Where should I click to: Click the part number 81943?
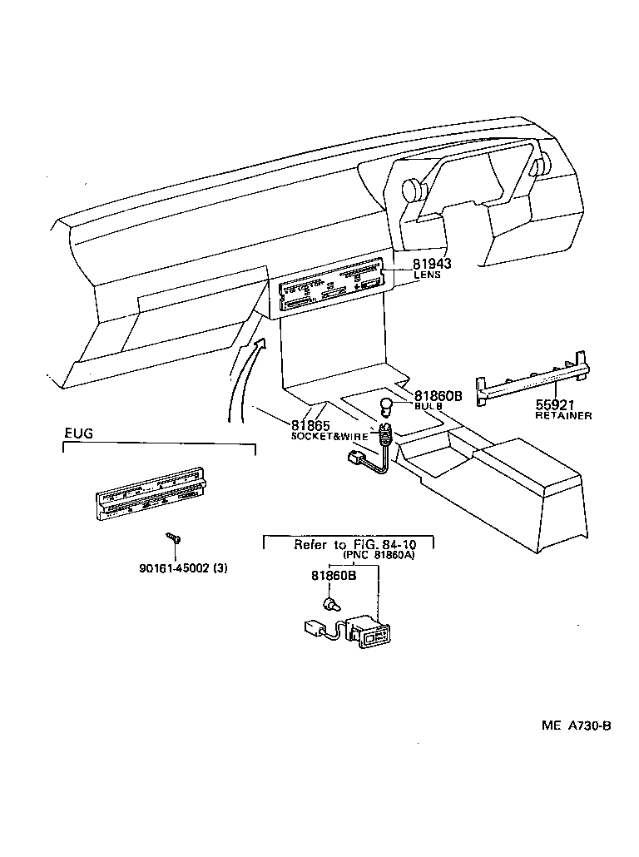[x=432, y=264]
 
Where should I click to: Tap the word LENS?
[x=428, y=275]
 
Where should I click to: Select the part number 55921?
[x=557, y=404]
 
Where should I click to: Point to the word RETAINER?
[x=564, y=415]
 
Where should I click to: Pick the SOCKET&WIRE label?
[x=328, y=436]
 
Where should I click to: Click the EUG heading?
[x=79, y=433]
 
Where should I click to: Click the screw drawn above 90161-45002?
[x=173, y=538]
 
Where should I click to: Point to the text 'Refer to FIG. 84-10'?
[x=349, y=545]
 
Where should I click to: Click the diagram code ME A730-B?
[x=577, y=726]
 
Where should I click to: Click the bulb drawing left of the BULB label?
[x=385, y=407]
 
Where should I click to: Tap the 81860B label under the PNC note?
[x=334, y=576]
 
